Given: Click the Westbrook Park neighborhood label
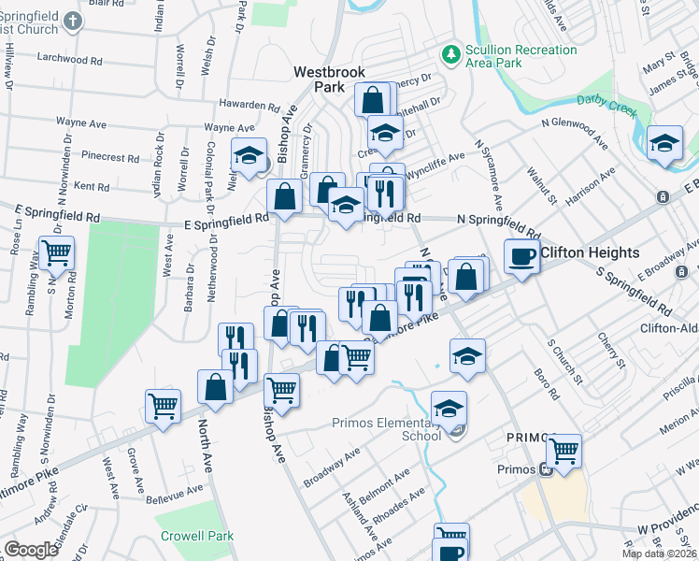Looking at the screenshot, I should point(328,79).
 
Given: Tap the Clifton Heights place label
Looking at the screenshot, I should point(590,252).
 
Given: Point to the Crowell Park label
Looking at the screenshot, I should point(194,537).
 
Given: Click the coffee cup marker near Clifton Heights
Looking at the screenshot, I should point(522,255).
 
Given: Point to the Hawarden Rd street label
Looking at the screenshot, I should point(223,103).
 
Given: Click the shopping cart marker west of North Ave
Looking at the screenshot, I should point(164,407).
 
